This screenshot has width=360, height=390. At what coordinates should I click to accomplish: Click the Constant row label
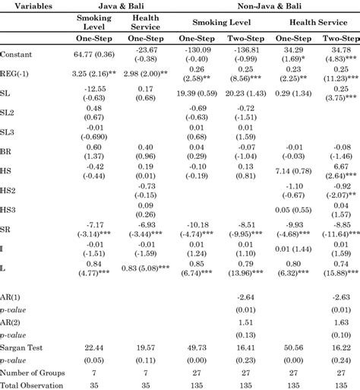[17, 55]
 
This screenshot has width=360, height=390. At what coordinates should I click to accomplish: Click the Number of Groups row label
[32, 373]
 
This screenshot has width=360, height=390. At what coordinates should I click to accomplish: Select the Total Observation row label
[30, 385]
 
